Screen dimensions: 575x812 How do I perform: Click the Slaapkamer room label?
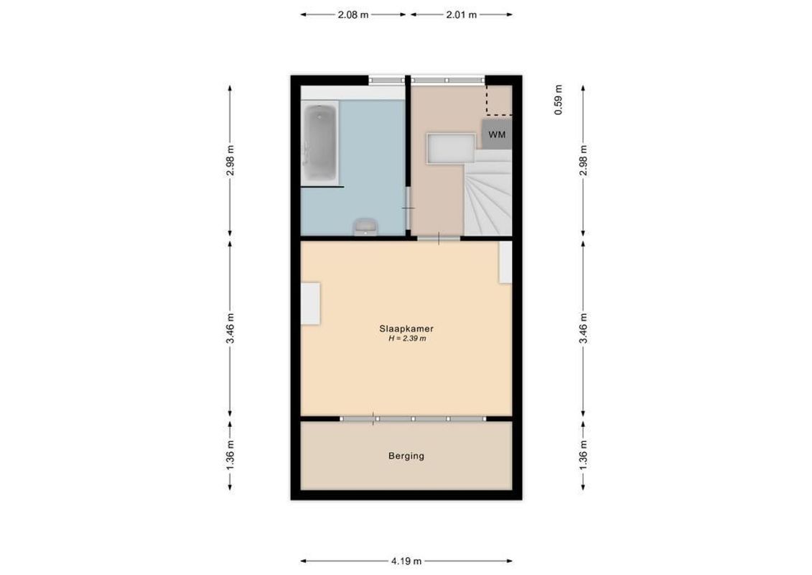click(x=406, y=328)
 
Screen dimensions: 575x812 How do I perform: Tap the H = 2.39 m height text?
click(x=406, y=338)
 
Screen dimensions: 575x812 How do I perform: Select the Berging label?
click(x=406, y=456)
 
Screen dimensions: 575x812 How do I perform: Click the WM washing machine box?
click(x=496, y=134)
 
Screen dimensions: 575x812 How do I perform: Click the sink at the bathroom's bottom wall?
click(x=365, y=227)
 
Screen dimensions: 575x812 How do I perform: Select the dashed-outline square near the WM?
click(x=499, y=100)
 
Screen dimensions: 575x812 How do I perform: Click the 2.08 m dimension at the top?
click(x=353, y=14)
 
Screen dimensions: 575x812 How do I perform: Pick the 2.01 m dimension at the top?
click(x=462, y=14)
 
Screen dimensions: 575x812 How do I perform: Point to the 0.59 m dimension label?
click(x=559, y=100)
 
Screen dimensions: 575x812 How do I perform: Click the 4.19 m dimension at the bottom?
click(x=406, y=561)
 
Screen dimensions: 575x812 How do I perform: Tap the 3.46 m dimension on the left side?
click(x=230, y=328)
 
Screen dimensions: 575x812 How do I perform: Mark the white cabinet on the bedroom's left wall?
click(x=310, y=303)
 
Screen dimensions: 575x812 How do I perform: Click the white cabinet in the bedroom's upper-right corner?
click(x=505, y=262)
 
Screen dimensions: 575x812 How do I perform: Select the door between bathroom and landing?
click(x=408, y=208)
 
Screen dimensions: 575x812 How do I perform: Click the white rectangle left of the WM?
click(x=450, y=148)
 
